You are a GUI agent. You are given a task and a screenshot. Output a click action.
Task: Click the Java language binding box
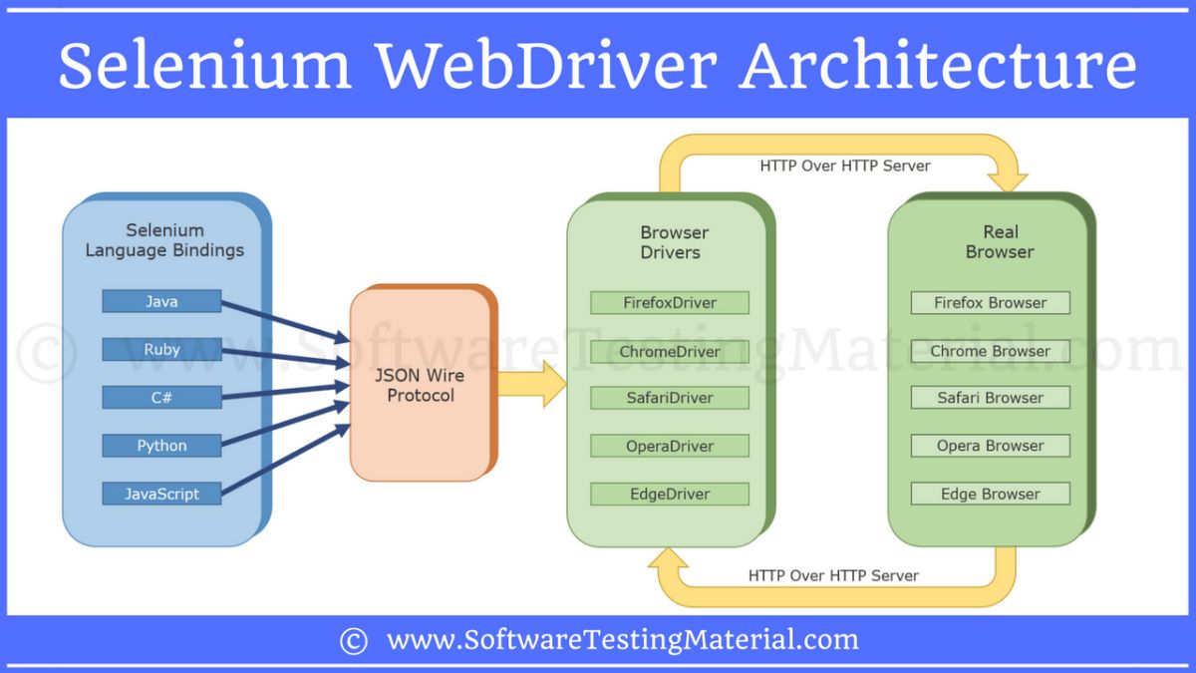click(x=161, y=301)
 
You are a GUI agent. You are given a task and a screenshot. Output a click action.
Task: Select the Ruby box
click(x=161, y=349)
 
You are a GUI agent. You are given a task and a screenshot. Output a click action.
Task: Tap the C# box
click(x=161, y=397)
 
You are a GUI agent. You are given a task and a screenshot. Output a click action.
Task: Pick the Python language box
click(x=161, y=446)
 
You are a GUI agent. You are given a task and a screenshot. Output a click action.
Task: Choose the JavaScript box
click(x=161, y=494)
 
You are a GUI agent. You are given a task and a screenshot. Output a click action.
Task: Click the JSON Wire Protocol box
click(x=421, y=385)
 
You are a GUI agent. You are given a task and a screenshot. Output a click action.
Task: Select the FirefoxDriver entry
click(x=670, y=302)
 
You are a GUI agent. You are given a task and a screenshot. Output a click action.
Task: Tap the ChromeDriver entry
click(x=670, y=351)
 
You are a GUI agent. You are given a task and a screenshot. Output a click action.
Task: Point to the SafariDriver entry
click(x=670, y=398)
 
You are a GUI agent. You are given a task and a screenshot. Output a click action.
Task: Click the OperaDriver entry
click(x=670, y=446)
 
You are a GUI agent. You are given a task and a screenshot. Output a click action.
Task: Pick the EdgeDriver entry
click(x=670, y=494)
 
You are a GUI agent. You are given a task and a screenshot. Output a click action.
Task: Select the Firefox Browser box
click(x=990, y=302)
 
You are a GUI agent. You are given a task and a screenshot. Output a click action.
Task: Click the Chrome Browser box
click(x=990, y=351)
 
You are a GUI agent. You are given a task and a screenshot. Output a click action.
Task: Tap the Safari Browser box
click(x=990, y=398)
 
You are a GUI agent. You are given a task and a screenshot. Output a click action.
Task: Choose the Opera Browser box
click(x=990, y=446)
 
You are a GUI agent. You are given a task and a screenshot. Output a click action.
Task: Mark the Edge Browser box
click(x=990, y=494)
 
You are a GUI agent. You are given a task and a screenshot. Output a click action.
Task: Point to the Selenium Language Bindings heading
click(x=164, y=240)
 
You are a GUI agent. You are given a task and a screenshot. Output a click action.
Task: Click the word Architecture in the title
click(x=938, y=66)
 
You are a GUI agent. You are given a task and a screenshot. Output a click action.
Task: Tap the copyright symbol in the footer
click(x=353, y=640)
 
